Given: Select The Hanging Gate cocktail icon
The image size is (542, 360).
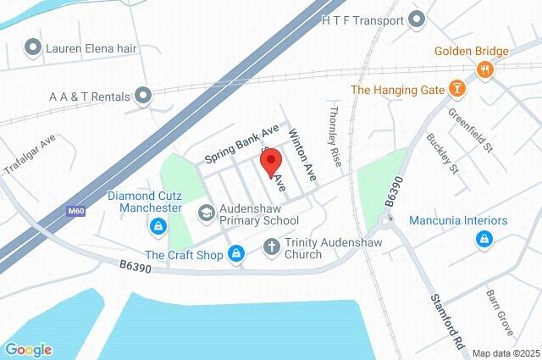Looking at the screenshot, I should pyautogui.click(x=456, y=89).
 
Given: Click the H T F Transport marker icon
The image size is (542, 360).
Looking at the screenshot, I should pyautogui.click(x=416, y=18).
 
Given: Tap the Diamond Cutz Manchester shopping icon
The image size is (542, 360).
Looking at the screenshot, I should pyautogui.click(x=158, y=227).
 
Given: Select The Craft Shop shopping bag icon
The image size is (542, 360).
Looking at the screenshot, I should pyautogui.click(x=238, y=253).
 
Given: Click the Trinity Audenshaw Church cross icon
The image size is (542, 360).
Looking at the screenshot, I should pyautogui.click(x=271, y=247).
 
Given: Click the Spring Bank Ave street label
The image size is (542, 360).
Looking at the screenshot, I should pyautogui.click(x=241, y=143).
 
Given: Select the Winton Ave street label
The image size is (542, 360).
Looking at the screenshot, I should pyautogui.click(x=301, y=155).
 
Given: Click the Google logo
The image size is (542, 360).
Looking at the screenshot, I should pyautogui.click(x=28, y=349).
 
